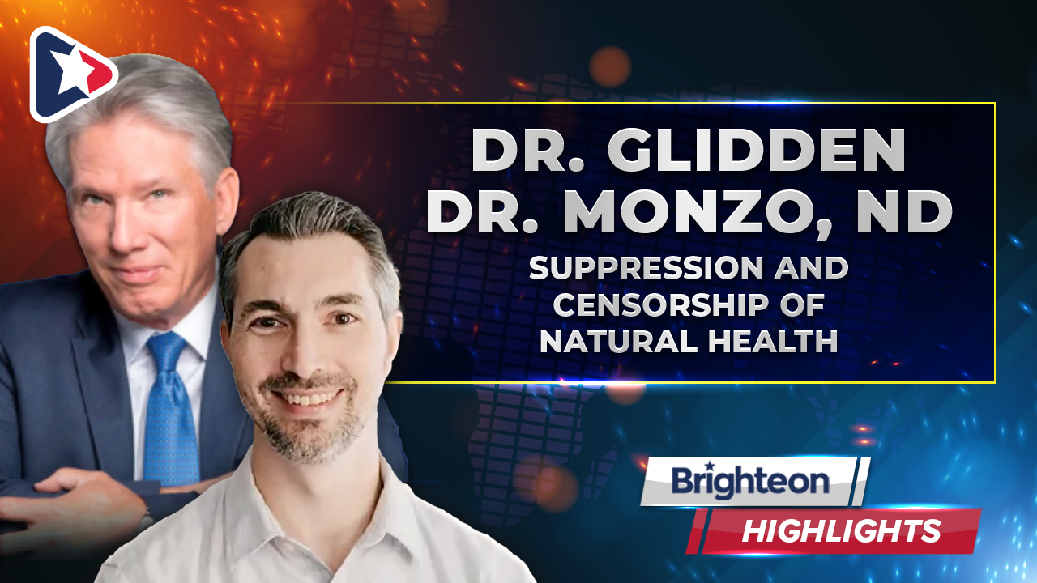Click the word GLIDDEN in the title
point(756,151)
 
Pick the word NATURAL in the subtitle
point(620,341)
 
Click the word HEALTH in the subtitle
point(773,341)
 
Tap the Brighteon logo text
point(750,482)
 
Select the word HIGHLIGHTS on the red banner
point(842,530)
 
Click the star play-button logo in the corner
point(72,74)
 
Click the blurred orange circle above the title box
point(610,67)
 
